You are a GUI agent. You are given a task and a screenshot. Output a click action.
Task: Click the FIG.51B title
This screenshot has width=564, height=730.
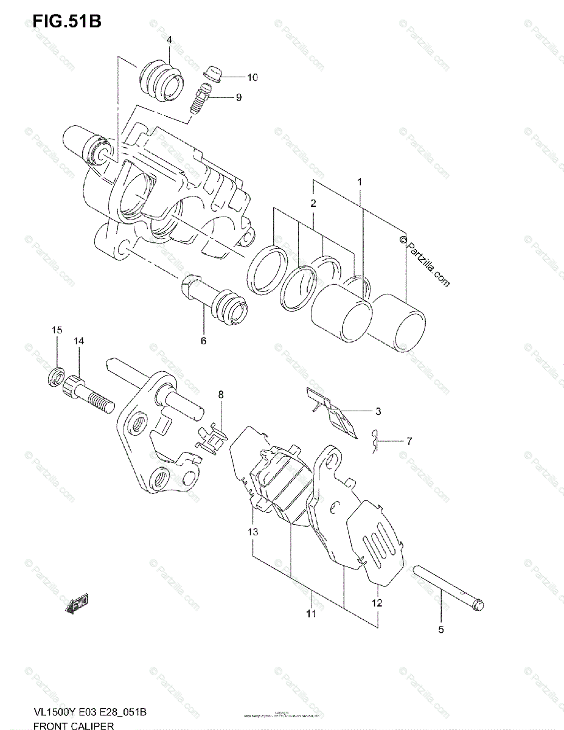tap(67, 21)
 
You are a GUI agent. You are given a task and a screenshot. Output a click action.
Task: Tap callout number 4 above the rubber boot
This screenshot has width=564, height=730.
tap(169, 40)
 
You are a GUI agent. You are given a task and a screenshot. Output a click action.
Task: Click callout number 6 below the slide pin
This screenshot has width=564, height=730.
tap(203, 341)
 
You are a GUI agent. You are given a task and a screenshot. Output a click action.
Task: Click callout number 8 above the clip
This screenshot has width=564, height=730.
tap(221, 395)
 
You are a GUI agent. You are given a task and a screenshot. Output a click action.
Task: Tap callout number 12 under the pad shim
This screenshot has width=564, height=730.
tap(377, 603)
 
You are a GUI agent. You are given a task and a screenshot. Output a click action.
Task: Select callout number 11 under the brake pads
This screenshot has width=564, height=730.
tap(311, 614)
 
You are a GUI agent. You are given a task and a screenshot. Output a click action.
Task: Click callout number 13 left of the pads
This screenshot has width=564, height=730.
tap(252, 532)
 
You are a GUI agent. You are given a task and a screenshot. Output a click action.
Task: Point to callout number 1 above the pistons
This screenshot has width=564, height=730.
tap(360, 182)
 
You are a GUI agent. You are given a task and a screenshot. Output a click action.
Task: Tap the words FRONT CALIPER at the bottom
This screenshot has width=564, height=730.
tap(74, 725)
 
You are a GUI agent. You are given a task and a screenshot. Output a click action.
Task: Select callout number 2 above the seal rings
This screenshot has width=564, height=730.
tap(313, 203)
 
